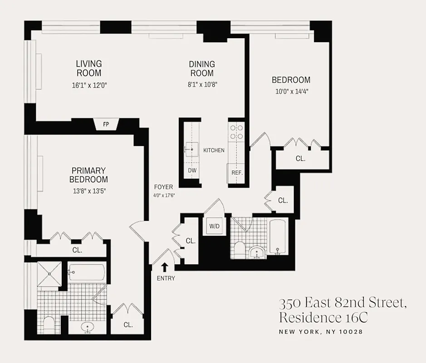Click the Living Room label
tap(88, 68)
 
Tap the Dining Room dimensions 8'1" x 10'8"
tap(202, 83)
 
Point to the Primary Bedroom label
tap(88, 175)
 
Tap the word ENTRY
tap(166, 278)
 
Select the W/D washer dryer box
tap(214, 226)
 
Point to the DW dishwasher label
tap(192, 171)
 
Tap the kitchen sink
tap(191, 148)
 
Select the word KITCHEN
tap(214, 150)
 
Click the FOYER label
tap(163, 186)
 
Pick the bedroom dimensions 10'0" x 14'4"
tap(291, 91)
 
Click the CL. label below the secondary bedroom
tap(300, 159)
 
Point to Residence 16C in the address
tap(323, 317)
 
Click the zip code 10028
tap(351, 332)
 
